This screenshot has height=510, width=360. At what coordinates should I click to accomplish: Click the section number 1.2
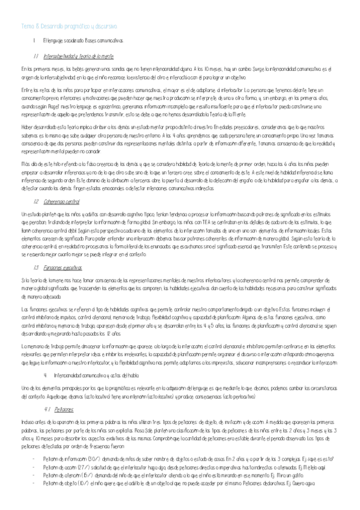37,201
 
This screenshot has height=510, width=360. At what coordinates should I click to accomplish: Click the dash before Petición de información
34,458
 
